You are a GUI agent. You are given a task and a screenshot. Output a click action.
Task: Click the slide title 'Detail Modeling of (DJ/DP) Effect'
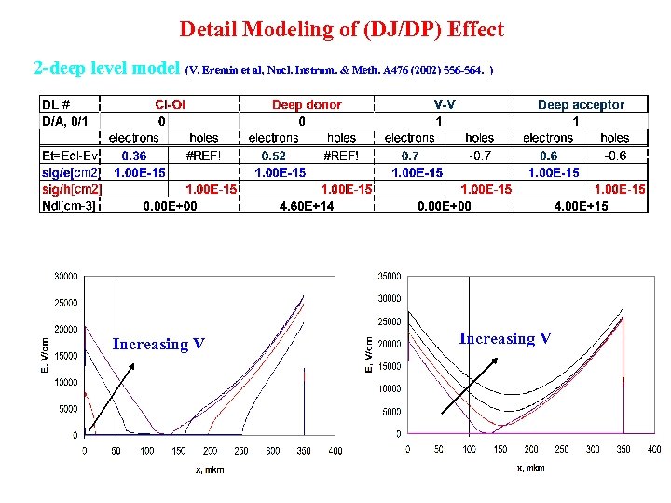341,30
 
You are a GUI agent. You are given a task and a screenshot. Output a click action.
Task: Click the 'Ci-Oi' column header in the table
169,105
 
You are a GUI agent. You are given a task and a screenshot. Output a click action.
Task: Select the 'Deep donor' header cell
307,105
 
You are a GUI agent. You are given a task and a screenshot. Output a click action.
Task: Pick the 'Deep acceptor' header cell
581,105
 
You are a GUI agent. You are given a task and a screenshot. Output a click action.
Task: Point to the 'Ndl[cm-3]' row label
68,206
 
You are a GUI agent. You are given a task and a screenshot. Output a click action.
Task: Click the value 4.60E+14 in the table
307,206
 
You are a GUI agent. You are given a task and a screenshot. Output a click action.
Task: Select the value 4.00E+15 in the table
581,206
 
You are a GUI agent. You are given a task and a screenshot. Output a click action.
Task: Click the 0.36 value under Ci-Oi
133,156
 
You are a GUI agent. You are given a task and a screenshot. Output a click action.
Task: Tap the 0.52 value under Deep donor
273,156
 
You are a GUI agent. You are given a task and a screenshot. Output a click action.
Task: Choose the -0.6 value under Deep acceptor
614,156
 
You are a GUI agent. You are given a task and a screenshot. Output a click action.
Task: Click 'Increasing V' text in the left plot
158,345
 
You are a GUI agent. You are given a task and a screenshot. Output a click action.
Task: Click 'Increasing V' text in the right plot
505,338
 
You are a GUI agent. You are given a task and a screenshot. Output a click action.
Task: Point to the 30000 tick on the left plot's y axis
65,276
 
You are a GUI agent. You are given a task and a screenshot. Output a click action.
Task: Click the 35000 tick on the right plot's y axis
388,276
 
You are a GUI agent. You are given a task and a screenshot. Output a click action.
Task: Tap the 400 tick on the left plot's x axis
335,451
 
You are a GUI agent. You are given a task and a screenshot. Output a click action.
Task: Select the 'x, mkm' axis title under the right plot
531,468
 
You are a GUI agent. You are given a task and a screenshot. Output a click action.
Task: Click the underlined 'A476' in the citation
394,70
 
